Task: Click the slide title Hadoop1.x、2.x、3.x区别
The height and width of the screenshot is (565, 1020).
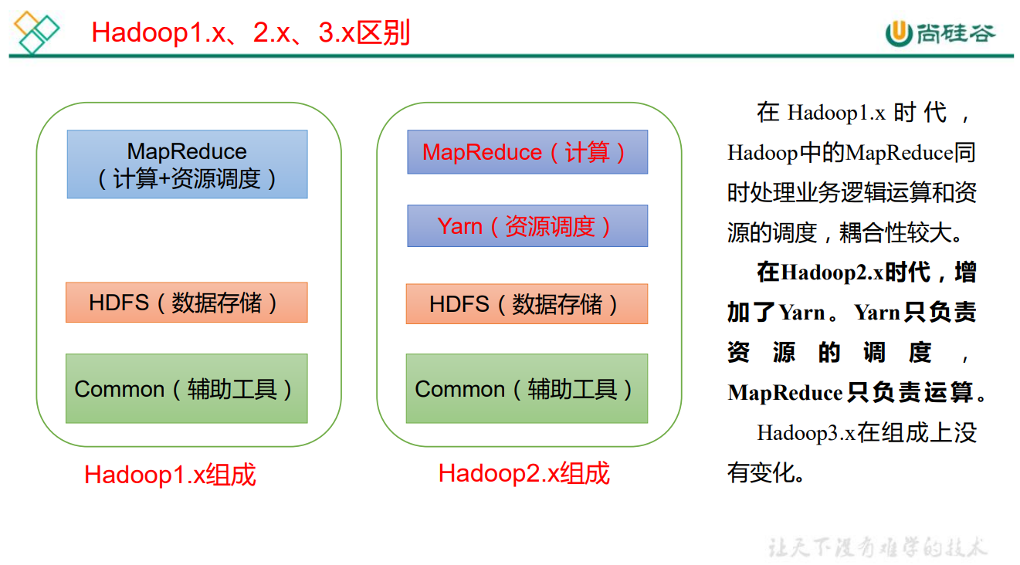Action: point(250,33)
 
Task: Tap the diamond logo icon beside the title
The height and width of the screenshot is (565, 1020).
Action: point(36,32)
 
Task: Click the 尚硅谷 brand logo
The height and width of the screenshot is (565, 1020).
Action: point(940,32)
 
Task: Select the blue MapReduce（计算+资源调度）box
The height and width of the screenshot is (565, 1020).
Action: point(187,164)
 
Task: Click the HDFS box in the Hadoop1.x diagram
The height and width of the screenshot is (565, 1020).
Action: point(186,303)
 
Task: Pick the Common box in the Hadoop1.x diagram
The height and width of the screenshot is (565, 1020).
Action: point(186,388)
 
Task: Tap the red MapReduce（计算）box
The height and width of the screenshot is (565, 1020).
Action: point(527,152)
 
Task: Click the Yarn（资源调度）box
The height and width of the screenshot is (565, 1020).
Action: point(527,226)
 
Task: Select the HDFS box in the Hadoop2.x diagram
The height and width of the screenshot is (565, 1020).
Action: point(527,303)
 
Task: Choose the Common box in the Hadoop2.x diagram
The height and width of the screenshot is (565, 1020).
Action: point(527,388)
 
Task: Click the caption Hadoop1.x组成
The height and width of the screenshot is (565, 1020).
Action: point(170,475)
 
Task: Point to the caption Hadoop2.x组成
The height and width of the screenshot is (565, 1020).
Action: point(524,473)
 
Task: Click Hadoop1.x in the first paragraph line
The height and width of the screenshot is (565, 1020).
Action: point(835,113)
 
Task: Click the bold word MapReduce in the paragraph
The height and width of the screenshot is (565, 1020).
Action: point(784,393)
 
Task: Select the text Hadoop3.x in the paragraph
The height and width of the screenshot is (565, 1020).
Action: point(805,433)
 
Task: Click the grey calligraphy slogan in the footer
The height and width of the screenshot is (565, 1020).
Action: point(877,547)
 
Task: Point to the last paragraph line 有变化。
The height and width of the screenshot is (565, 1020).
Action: point(766,472)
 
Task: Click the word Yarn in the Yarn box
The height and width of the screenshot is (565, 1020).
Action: point(459,226)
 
